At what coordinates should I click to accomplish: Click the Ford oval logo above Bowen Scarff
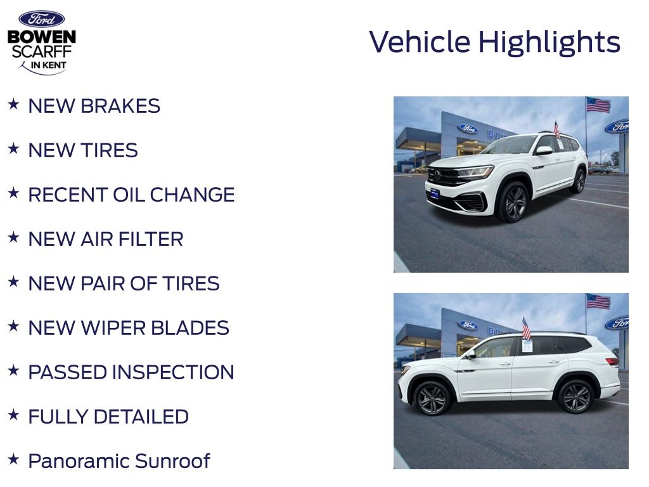coord(41,19)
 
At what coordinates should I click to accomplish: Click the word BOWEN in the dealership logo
coord(42,37)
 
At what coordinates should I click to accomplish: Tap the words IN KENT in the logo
coord(48,65)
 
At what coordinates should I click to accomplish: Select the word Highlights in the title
coord(549,43)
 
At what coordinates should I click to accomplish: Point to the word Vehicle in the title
coord(420,42)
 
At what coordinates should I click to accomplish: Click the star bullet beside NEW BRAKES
coord(14,104)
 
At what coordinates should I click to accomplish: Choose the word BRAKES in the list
coord(120,106)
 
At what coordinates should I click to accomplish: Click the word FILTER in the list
coord(150,239)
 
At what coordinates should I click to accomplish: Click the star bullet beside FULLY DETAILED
coord(14,415)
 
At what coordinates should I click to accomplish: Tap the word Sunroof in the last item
coord(172,461)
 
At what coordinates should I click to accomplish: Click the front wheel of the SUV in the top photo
coord(513,202)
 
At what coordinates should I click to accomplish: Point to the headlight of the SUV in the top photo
coord(475,171)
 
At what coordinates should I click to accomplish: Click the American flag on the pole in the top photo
coord(598,105)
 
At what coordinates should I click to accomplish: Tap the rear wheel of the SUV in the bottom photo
coord(575,397)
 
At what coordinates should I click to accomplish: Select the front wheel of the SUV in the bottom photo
coord(432,398)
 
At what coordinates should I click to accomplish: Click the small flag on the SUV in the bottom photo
coord(526,329)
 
